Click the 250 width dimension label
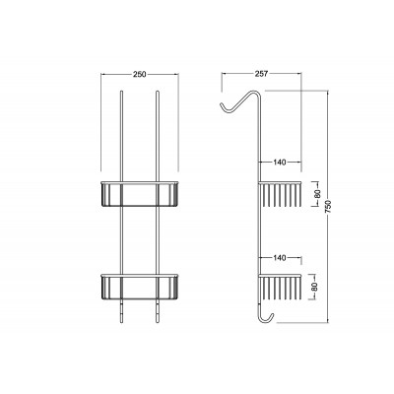pos(140,75)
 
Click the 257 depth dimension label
pos(261,74)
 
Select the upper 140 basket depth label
pos(280,162)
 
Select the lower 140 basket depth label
pos(280,258)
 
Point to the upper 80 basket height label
pos(318,193)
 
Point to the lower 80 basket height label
pos(314,287)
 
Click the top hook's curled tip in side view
pos(222,104)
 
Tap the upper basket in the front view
pos(140,194)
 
